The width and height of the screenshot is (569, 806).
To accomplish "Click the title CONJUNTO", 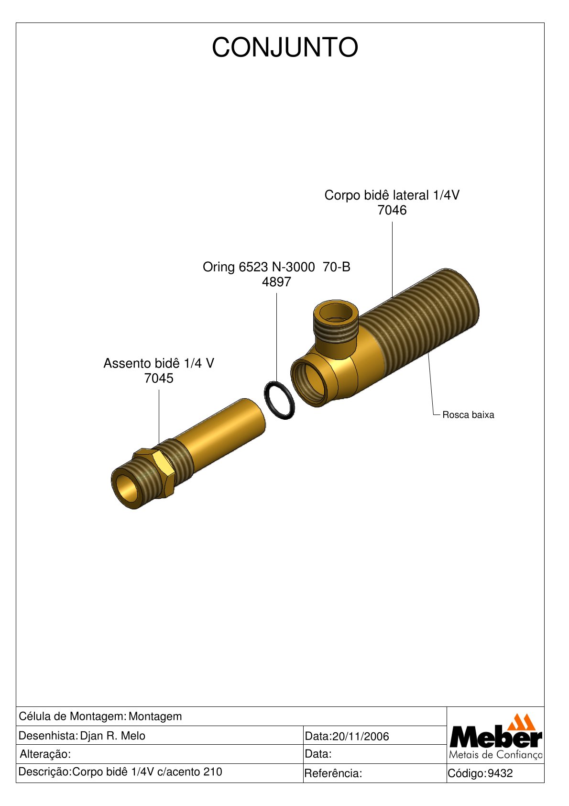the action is coord(284,47).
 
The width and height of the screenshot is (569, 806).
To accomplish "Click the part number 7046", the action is coord(392,210).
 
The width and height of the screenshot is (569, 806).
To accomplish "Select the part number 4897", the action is coord(276,282).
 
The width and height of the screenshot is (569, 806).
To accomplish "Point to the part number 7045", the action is coord(159,378).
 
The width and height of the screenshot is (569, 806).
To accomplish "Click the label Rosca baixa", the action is coord(468,415).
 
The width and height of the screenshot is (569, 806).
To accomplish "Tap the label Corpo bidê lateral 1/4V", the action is coord(392,195).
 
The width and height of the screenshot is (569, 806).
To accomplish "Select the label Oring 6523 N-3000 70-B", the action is coord(276,267).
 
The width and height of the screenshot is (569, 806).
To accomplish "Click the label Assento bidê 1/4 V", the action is coord(159,363).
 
